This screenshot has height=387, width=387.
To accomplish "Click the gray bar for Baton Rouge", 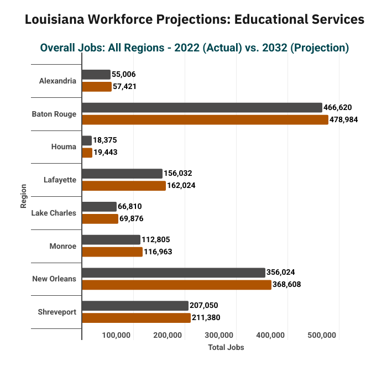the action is tap(202, 108).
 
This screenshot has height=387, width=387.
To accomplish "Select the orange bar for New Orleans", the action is tap(176, 285).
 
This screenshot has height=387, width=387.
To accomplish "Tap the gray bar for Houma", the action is tap(87, 140).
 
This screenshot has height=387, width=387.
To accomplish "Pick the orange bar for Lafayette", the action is tap(124, 186).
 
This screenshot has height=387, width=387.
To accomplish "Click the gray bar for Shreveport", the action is tap(135, 306).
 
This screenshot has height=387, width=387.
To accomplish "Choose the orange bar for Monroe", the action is tap(112, 252).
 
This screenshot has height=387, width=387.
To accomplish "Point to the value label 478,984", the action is tap(343, 120).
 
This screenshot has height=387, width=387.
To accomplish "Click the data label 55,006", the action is tap(124, 74).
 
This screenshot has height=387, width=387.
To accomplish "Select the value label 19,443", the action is tap(106, 152).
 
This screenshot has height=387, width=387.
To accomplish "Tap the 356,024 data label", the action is tap(281, 272).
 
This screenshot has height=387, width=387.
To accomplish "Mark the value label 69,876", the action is tap(132, 219).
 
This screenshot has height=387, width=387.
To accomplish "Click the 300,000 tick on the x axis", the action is tap(219, 335).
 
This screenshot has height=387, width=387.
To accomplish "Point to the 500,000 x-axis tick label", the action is tap(322, 335).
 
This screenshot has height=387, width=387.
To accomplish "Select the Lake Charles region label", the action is tap(54, 213).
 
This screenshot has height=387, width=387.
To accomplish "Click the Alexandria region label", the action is tap(57, 81).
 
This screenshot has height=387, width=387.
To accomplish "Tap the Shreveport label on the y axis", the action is tap(57, 312).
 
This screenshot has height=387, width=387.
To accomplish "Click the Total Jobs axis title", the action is tap(226, 348).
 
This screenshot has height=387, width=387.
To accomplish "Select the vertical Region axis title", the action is tap(23, 196).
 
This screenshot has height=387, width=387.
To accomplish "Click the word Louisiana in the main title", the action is tap(55, 19).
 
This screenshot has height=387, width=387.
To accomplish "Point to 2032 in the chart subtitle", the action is tap(275, 48).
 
